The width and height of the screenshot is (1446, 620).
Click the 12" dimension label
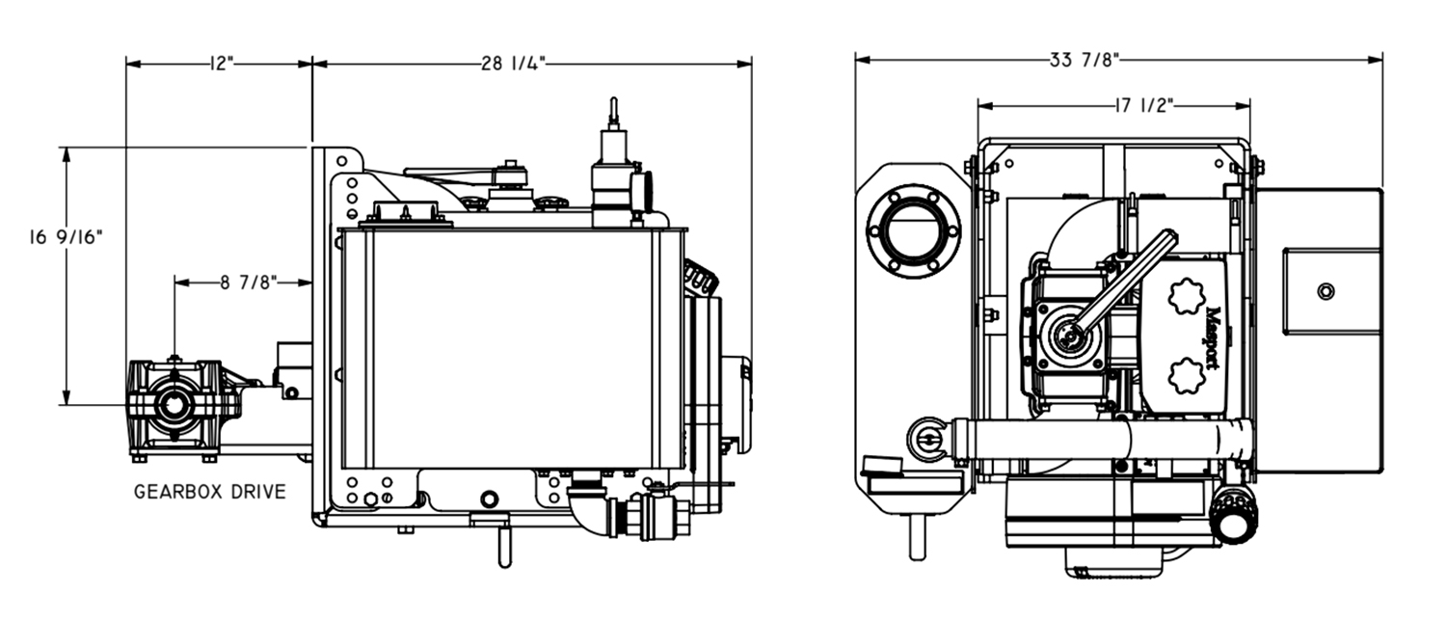221,64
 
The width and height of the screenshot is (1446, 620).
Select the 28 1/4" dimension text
514,64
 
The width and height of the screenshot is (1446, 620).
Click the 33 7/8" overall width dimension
1084,60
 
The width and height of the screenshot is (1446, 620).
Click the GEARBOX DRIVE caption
210,492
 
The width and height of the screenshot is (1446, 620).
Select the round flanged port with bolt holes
913,231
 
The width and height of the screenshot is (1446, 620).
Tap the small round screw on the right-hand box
1325,290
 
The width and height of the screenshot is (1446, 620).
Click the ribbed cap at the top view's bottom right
1234,513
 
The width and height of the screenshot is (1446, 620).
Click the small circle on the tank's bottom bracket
489,499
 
